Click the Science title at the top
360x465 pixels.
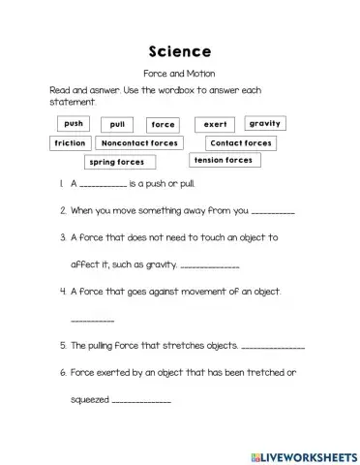point(180,49)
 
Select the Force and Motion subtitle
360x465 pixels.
point(180,74)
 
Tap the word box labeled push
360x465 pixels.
point(74,124)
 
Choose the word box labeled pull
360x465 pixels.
point(118,125)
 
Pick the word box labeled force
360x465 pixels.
point(163,125)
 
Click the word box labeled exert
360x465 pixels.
point(214,125)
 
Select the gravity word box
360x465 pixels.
point(264,124)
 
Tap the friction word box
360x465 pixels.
point(71,142)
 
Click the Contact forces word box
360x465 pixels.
point(240,142)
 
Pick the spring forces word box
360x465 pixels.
point(116,162)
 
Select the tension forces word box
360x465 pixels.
point(224,160)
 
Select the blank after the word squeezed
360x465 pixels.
point(142,401)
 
